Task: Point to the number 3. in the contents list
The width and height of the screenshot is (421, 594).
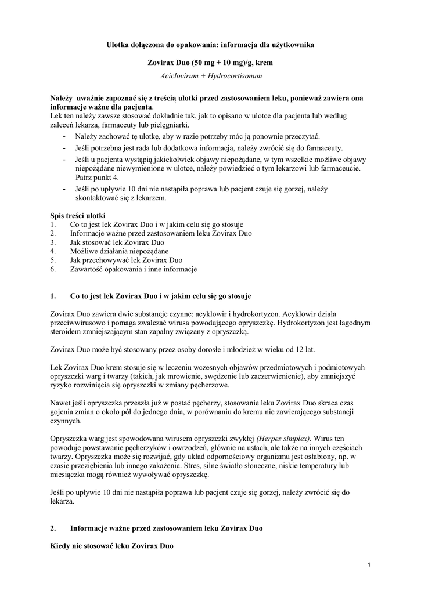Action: pos(53,242)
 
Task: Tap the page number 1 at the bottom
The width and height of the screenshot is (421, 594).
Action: pos(369,564)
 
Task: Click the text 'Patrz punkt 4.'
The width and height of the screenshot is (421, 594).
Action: pos(97,177)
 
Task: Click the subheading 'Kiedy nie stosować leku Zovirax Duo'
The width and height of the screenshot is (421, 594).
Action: pos(112,546)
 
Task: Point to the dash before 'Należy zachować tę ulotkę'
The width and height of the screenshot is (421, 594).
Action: pos(63,136)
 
